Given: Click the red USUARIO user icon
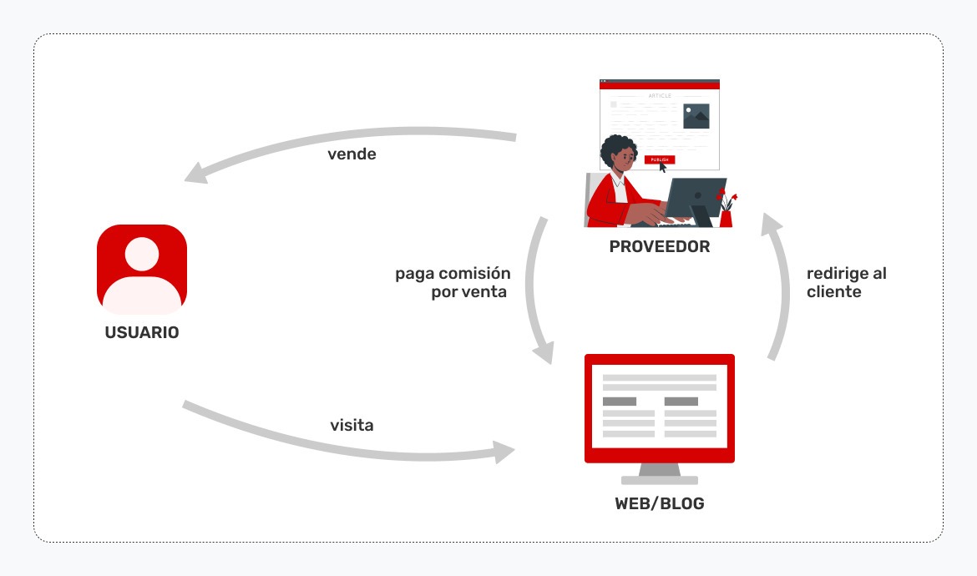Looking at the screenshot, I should coord(142,269).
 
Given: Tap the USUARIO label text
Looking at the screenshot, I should coord(142,332).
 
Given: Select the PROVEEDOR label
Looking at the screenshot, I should coord(659,247).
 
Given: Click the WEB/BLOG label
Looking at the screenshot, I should coord(659,504).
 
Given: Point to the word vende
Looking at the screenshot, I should coord(352,154).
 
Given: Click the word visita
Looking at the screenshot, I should coord(352,426).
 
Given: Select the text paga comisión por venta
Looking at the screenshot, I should coord(453,283).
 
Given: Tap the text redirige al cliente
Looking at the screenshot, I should coord(846,283).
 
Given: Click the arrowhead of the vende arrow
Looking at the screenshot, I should coord(197,173).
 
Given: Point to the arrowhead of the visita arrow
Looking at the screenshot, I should coord(504,452).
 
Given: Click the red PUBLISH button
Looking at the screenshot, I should coord(659,159).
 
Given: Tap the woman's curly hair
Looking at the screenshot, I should coord(619,151).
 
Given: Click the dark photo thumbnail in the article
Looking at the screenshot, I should coord(696,116).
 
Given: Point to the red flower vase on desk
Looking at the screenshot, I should coord(726,217).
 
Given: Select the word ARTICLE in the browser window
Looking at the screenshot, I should coord(659,96).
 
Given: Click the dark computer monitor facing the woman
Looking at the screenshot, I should coord(694,199).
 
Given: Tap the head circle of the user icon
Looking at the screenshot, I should coord(142,254).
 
